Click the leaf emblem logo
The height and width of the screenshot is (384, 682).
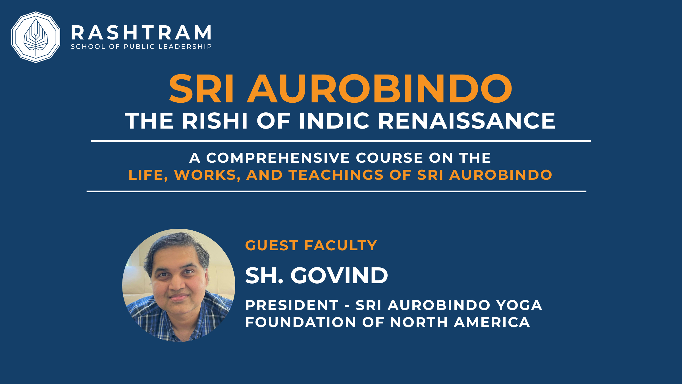[x=36, y=37]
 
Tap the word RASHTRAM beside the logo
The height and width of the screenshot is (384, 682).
[x=141, y=33]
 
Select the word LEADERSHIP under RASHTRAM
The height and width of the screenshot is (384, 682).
[x=185, y=47]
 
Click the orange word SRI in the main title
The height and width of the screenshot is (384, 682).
[x=201, y=88]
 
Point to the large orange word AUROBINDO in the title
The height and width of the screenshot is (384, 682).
[x=380, y=88]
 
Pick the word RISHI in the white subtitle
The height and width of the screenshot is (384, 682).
[x=215, y=121]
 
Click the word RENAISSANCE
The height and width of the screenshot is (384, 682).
[x=466, y=121]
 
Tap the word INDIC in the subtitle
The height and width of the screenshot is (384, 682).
[x=334, y=121]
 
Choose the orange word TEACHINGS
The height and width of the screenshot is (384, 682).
[x=336, y=175]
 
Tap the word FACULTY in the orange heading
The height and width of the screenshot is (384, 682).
[x=341, y=245]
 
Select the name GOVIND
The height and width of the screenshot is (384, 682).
[x=339, y=276]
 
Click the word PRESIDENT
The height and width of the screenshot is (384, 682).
[x=292, y=305]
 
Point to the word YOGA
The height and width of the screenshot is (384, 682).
[x=519, y=305]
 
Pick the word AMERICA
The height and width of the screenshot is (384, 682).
[x=492, y=322]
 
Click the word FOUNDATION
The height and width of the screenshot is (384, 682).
[x=301, y=322]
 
